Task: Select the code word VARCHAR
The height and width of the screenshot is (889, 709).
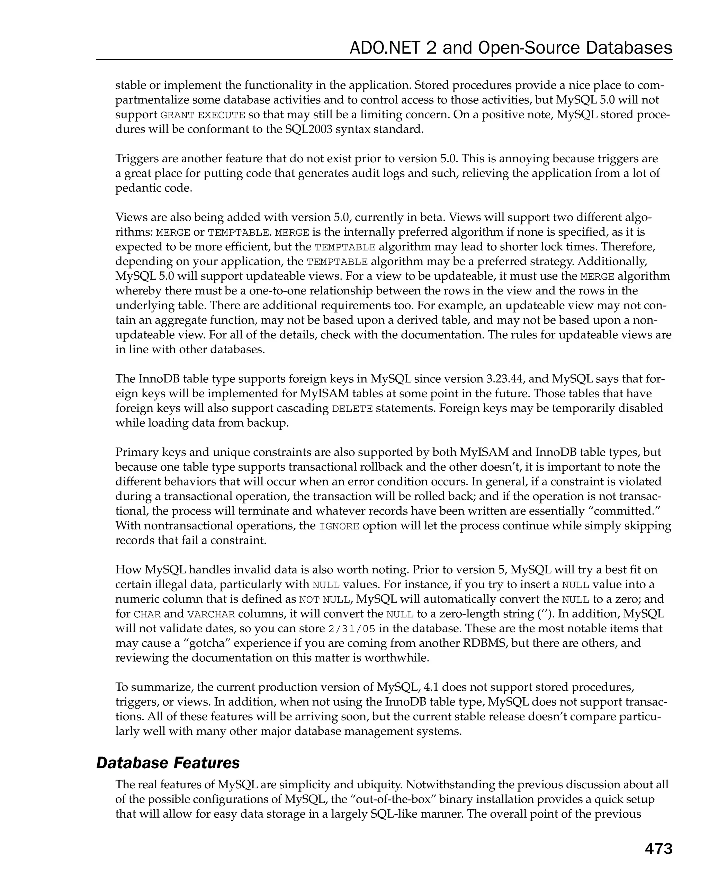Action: (x=211, y=614)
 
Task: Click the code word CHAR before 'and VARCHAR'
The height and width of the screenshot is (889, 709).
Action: (x=147, y=614)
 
